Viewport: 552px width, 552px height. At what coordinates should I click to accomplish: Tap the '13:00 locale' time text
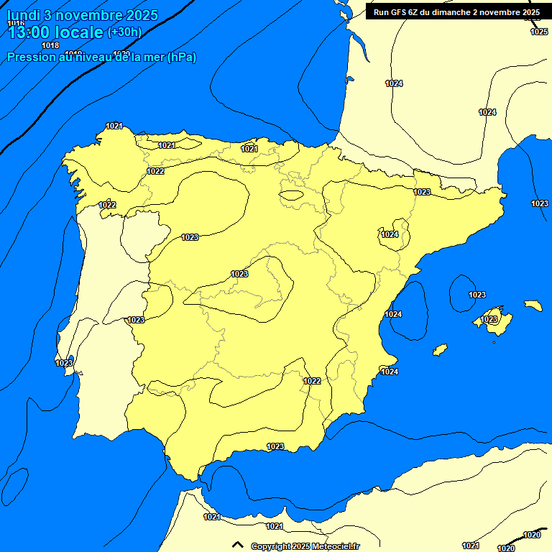[55, 32]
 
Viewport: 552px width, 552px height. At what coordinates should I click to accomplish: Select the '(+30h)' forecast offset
[124, 32]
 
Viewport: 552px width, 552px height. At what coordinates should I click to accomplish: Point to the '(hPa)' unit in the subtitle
[181, 57]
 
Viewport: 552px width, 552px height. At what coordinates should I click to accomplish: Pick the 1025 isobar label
[539, 32]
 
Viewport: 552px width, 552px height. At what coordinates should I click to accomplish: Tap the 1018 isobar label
[50, 45]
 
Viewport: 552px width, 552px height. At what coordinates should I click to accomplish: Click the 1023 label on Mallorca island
[489, 319]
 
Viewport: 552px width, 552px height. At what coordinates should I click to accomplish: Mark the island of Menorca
[533, 305]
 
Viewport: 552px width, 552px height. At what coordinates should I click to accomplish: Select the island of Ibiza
[440, 350]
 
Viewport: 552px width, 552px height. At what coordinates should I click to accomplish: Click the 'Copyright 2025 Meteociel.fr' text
[305, 546]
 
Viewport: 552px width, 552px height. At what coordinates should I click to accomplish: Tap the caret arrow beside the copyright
[238, 546]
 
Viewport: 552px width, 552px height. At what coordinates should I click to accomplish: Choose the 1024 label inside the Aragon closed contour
[390, 234]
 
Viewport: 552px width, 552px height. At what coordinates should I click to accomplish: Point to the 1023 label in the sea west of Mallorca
[477, 295]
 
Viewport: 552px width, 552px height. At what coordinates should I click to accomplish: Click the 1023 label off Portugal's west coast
[64, 363]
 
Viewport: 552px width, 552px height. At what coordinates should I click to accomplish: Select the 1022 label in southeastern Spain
[312, 381]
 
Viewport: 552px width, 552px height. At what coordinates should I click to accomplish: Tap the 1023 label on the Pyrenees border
[422, 192]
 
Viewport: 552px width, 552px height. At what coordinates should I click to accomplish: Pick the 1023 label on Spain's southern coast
[275, 446]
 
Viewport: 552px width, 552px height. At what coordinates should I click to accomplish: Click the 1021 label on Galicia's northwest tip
[114, 126]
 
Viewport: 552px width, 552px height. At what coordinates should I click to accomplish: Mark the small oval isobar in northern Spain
[292, 195]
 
